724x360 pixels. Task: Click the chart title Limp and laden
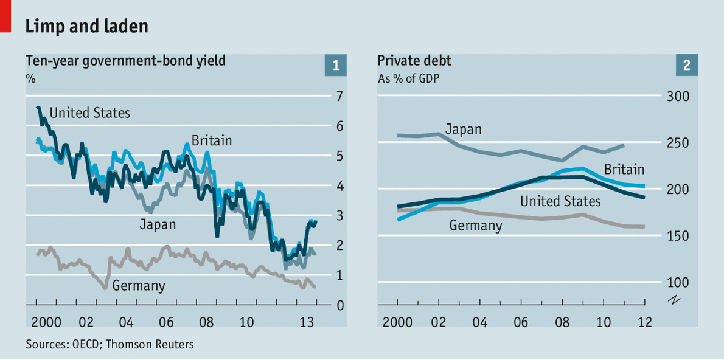86,26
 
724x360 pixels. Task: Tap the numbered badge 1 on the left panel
335,65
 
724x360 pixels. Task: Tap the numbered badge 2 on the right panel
686,65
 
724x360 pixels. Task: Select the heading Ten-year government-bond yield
125,60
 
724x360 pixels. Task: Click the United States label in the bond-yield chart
89,112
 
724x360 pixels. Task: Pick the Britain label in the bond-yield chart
212,140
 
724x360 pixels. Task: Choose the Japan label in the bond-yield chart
158,224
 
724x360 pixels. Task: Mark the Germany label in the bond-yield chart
139,285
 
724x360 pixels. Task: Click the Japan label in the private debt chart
463,129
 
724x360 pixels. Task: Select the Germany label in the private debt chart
476,226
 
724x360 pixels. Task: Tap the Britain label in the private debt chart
624,169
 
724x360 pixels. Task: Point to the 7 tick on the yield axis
339,96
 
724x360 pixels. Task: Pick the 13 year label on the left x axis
307,321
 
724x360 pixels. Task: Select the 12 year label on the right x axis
644,321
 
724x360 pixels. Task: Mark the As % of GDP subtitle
409,78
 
